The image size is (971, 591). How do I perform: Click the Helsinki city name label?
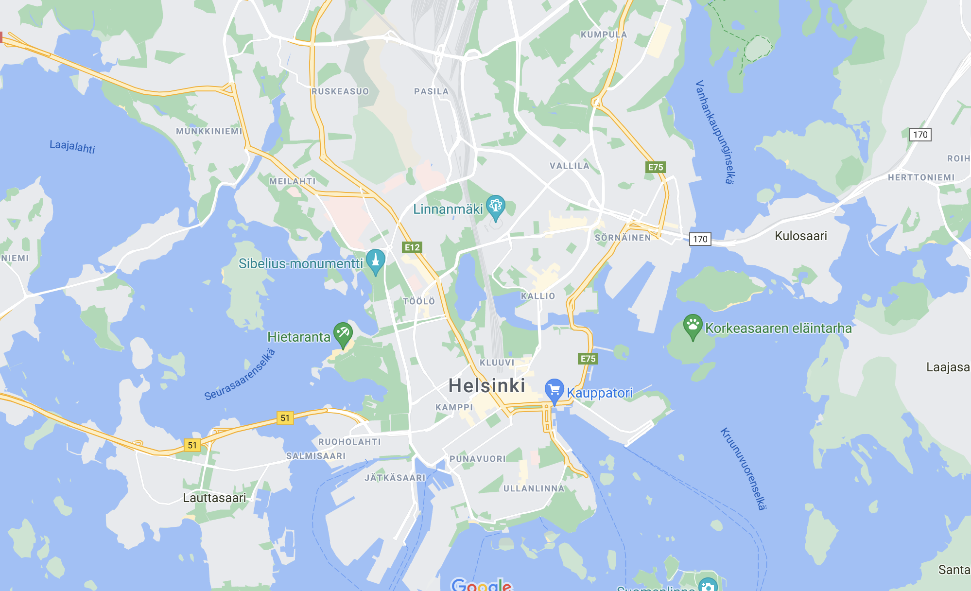pos(486,386)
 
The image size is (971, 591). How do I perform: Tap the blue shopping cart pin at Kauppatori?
pos(554,390)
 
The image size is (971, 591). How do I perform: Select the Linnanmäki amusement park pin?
pos(495,207)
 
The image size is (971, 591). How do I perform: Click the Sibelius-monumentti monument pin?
pos(375,261)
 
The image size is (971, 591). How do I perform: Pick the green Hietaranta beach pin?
pos(343,334)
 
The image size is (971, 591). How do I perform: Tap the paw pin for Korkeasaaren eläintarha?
pos(693,326)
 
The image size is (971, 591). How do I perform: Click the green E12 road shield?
pos(412,247)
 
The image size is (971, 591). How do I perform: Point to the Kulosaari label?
pos(800,236)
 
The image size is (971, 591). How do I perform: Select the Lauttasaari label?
pos(214,498)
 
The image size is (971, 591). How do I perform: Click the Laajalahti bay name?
pos(72,146)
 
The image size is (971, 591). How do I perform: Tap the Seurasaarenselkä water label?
pos(240,375)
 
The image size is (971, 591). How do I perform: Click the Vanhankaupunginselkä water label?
pos(714,132)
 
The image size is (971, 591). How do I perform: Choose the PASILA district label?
pos(431,91)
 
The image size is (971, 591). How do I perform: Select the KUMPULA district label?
pos(604,35)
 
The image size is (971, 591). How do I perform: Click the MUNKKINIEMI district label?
pos(209,131)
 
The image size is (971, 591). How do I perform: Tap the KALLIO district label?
pos(538,296)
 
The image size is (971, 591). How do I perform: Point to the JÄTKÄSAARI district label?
pos(395,478)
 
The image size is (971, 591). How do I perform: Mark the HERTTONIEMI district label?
pos(921,177)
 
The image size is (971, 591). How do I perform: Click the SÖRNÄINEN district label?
pos(623,238)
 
